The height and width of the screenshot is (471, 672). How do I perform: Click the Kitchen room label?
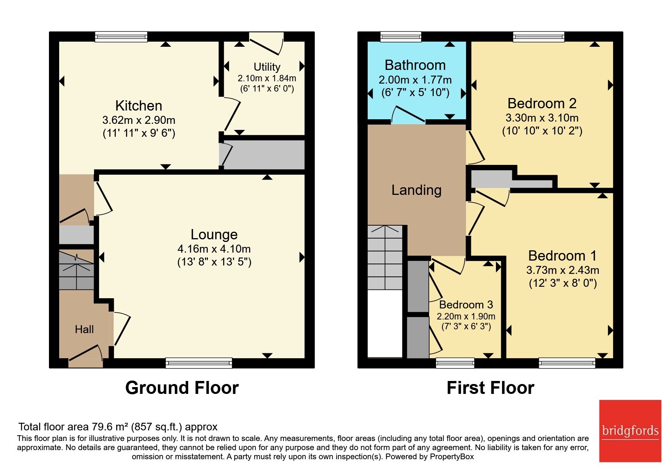138,106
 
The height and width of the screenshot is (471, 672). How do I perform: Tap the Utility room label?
267,67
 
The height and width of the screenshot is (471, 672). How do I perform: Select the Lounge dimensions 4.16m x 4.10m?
214,249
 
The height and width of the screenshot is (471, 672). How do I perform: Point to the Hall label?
84,329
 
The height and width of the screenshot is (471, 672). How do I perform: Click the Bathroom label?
415,65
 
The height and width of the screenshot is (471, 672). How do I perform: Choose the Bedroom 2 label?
542,103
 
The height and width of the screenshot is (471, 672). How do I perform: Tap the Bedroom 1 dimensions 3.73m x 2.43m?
563,270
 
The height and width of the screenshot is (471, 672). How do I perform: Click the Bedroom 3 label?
466,305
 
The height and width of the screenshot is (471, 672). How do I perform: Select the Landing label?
417,190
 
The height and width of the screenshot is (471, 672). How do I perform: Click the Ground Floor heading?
182,388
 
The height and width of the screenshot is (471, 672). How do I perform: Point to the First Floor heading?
490,388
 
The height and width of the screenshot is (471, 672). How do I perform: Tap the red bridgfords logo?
630,431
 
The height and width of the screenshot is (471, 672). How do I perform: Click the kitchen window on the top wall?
121,36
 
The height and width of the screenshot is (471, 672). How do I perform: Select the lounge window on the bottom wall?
199,363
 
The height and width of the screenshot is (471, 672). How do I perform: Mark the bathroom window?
401,36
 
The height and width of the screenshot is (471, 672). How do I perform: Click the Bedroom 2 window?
538,36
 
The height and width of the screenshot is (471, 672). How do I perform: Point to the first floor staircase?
385,257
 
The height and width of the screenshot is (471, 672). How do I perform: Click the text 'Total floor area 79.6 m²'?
73,427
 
